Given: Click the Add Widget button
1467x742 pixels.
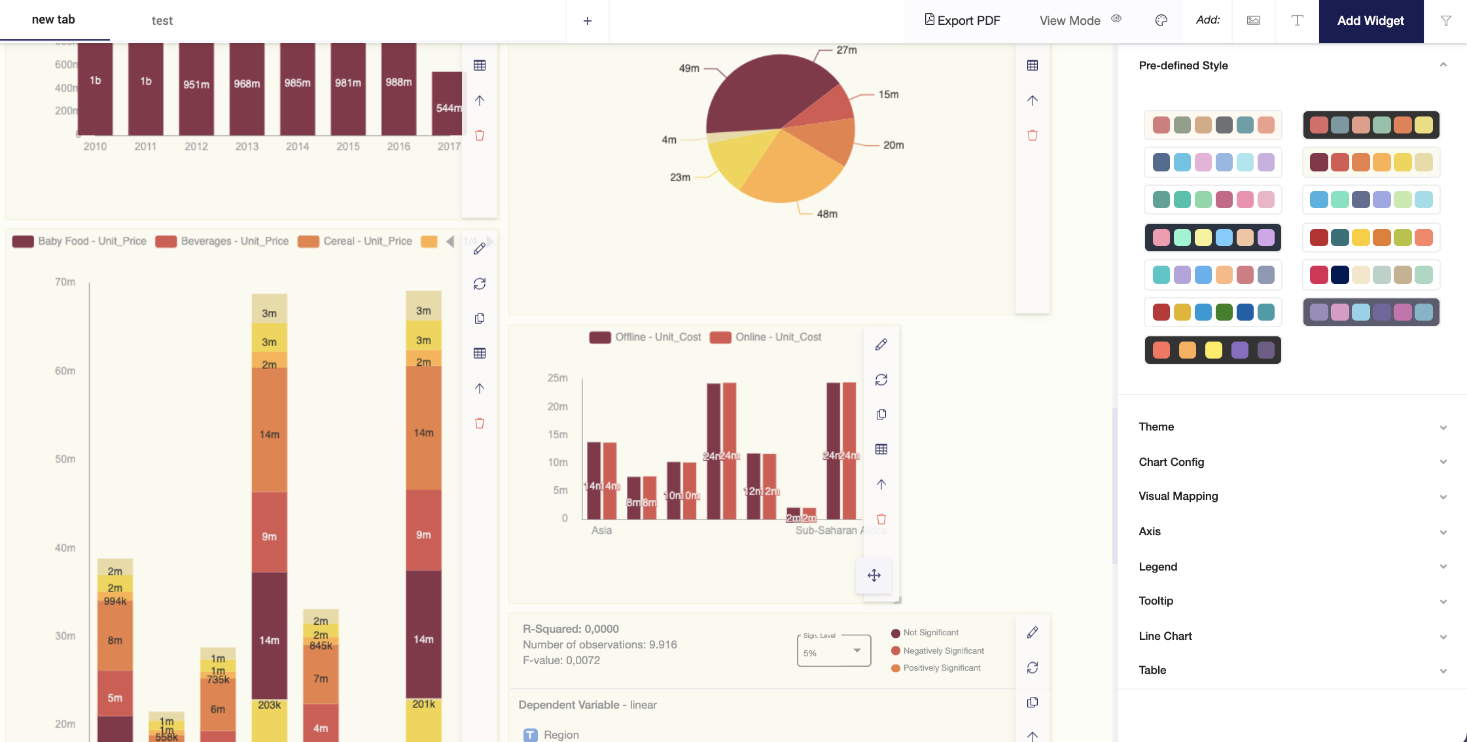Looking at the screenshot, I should (1370, 21).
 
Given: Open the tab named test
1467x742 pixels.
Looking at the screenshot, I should (162, 21).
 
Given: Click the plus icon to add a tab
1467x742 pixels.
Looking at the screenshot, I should (587, 21).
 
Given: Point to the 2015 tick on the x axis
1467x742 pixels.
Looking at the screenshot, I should (348, 147).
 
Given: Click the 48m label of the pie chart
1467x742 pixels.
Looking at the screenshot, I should (827, 214).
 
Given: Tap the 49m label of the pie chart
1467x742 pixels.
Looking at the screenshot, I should (689, 68).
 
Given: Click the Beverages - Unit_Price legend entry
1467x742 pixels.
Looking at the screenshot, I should (222, 241).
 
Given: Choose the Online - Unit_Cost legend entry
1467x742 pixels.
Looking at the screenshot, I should (766, 337).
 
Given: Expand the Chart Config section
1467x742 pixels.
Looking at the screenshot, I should (1171, 462).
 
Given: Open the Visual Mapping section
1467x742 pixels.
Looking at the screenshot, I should (1178, 496).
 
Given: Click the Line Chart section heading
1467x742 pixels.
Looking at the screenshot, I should (1165, 636).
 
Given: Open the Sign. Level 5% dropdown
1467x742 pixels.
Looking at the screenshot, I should (834, 652).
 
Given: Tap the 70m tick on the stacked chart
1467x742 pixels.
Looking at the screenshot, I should (65, 282).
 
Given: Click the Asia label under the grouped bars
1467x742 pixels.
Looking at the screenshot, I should (601, 531).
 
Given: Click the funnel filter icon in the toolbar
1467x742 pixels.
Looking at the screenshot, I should (1445, 21).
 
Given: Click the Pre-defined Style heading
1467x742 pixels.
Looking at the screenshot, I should (1183, 65).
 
